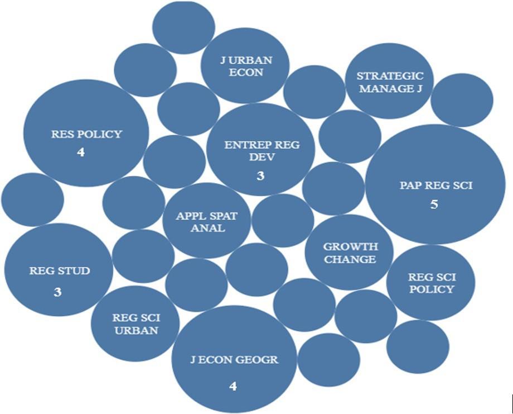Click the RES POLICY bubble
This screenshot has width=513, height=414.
click(x=86, y=134)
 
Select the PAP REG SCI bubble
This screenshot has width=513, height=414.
click(x=435, y=184)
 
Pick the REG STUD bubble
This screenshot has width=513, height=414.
click(x=59, y=271)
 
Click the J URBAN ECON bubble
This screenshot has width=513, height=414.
click(x=245, y=66)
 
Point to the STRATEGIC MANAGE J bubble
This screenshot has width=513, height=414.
click(x=390, y=82)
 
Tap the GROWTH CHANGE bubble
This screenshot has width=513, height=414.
click(x=350, y=253)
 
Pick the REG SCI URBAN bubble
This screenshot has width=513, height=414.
click(x=136, y=324)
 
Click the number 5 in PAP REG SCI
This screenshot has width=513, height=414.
click(x=434, y=204)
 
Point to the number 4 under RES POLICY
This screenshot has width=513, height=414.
click(x=81, y=152)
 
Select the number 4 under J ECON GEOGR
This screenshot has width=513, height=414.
click(x=233, y=386)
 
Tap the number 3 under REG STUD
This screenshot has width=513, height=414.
click(x=57, y=292)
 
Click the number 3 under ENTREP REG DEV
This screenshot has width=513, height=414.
click(x=260, y=176)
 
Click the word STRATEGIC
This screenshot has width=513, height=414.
click(x=390, y=75)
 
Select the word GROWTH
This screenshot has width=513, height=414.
click(x=350, y=246)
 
